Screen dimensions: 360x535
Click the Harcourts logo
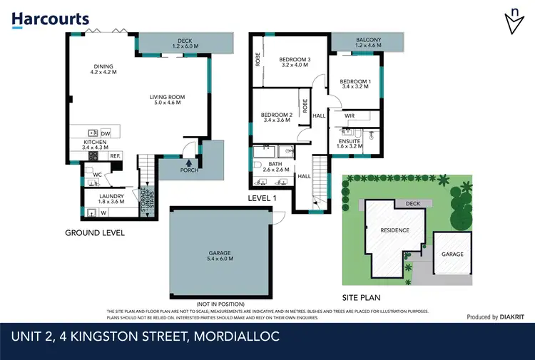[x=51, y=19]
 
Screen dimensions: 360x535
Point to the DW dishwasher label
[x=106, y=133]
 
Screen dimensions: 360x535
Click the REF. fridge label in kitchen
[x=114, y=155]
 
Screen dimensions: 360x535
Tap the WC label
[x=97, y=174]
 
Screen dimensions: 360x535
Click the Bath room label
[x=275, y=166]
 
